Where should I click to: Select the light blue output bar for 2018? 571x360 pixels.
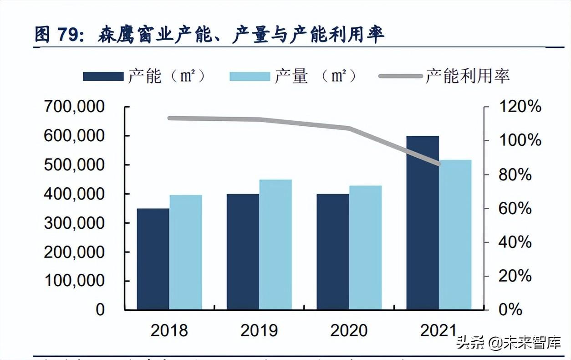click(186, 252)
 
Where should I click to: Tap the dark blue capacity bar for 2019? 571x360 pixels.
click(243, 252)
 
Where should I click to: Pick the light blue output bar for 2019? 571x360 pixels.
click(275, 245)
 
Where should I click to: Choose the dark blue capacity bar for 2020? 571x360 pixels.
click(333, 252)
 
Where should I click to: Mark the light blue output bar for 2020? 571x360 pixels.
click(366, 247)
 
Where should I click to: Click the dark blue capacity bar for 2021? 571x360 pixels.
click(423, 223)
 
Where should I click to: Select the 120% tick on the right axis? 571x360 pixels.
click(520, 107)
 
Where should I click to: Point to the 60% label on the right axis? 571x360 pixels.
click(515, 209)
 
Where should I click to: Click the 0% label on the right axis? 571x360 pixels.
click(510, 310)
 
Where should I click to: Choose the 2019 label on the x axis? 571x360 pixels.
click(259, 330)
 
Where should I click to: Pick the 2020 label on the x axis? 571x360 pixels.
click(349, 330)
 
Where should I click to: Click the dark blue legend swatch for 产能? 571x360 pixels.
click(103, 76)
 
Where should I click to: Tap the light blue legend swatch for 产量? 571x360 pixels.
click(250, 76)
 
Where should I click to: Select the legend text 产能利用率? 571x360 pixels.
click(467, 76)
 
